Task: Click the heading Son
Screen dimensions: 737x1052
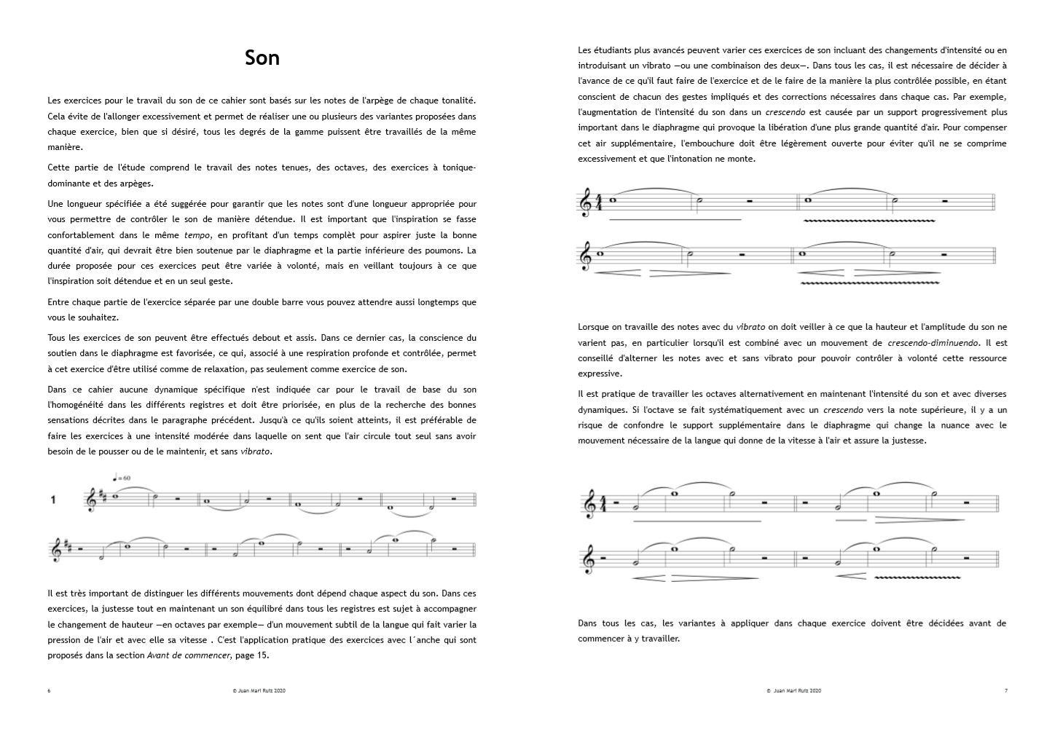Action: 262,58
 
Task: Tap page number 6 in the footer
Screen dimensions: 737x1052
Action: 49,690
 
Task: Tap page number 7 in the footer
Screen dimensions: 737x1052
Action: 1006,690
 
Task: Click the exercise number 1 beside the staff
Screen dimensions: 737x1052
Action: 53,500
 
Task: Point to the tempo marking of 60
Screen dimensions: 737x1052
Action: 122,478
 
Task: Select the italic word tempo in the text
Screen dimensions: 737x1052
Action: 195,235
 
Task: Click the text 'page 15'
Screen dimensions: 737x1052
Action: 251,655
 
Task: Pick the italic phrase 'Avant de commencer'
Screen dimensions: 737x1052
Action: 189,655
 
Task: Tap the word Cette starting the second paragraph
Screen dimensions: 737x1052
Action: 60,167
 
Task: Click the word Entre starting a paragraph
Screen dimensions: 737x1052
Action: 60,301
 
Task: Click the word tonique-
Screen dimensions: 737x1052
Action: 458,167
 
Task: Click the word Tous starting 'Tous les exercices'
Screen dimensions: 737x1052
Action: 58,338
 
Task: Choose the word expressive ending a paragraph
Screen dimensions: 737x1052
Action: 600,374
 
